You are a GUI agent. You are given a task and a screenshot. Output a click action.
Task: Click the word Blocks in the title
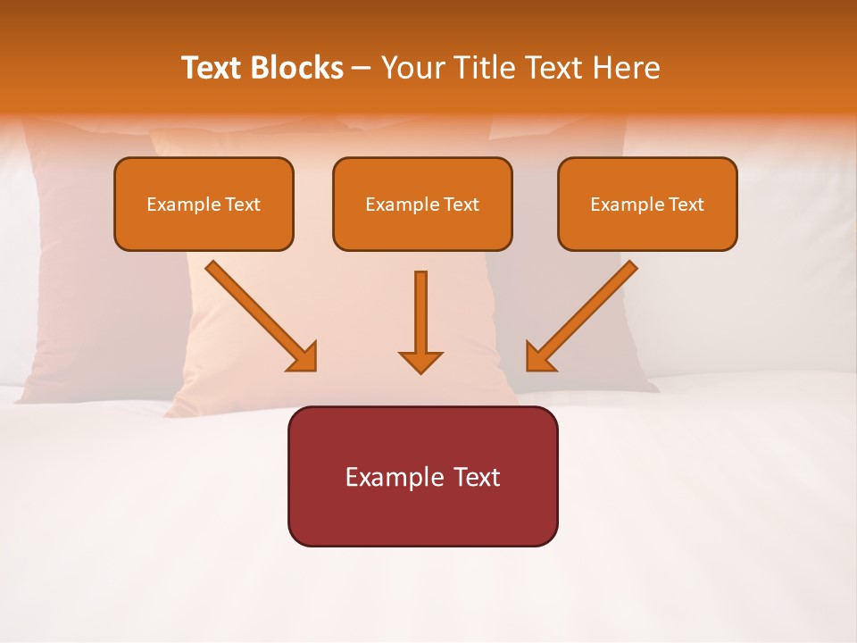(295, 68)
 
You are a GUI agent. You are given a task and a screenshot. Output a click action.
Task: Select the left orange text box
(204, 204)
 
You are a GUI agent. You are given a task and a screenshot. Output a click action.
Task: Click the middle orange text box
(422, 204)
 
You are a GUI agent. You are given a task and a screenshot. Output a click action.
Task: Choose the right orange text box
(647, 204)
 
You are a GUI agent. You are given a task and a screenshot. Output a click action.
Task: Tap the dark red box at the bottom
(422, 476)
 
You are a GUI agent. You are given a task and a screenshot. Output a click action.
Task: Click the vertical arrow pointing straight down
(420, 317)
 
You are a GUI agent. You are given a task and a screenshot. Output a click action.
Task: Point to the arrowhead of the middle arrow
(420, 362)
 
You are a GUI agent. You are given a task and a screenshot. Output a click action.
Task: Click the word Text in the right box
(686, 205)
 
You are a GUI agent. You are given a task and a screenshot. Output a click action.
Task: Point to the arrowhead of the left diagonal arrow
(304, 357)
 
